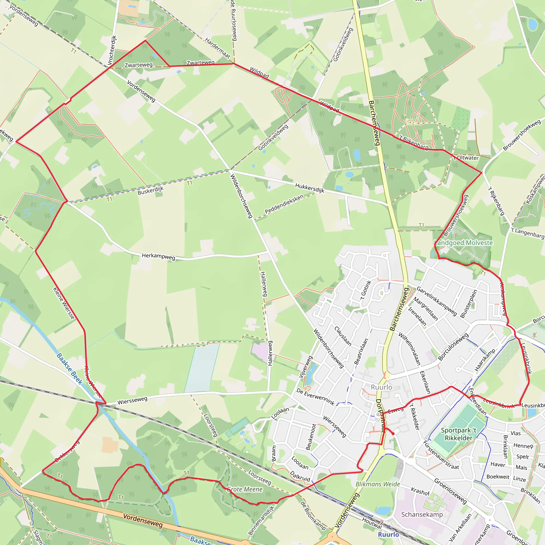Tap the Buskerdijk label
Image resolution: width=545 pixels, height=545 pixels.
(150, 191)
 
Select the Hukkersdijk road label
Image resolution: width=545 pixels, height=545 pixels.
(309, 188)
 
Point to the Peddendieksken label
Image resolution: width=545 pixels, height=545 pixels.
(284, 204)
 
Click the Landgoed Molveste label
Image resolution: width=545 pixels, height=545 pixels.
(463, 243)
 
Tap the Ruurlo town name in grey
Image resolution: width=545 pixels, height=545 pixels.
(381, 387)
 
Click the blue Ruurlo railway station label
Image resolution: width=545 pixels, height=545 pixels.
(389, 535)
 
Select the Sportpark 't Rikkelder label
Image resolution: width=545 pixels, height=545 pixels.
(459, 434)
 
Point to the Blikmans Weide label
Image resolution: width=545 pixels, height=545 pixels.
(378, 484)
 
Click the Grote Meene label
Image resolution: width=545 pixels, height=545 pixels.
(245, 489)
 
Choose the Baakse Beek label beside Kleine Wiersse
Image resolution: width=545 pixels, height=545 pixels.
(69, 369)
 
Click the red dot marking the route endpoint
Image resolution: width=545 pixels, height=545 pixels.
(393, 433)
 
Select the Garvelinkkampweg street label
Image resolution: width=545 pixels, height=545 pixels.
(436, 301)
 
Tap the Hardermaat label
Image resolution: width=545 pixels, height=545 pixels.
(217, 48)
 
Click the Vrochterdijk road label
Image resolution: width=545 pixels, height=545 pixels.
(112, 50)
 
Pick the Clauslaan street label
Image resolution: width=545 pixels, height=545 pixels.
(343, 336)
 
